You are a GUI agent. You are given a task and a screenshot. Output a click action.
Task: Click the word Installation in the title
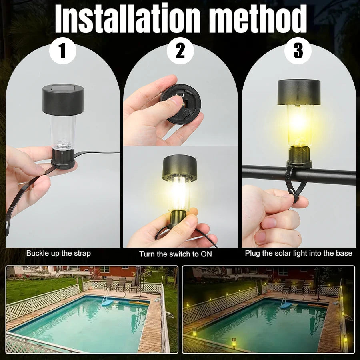coord(128,19)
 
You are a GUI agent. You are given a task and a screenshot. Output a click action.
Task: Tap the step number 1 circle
coord(62,52)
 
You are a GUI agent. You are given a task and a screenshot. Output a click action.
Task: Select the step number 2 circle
coord(180,52)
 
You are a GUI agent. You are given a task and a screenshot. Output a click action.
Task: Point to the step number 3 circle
coord(298,52)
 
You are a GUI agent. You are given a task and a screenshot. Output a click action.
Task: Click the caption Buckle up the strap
coord(58,253)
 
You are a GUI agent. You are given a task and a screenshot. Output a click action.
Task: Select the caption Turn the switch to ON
coord(176,254)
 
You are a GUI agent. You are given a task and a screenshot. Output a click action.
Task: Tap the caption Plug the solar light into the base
coord(298,253)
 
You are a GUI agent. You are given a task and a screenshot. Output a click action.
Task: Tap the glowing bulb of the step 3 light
coord(299,122)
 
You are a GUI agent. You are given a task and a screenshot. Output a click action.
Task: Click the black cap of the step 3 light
coord(299,91)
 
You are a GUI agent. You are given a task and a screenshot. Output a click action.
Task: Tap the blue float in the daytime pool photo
coord(107,303)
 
